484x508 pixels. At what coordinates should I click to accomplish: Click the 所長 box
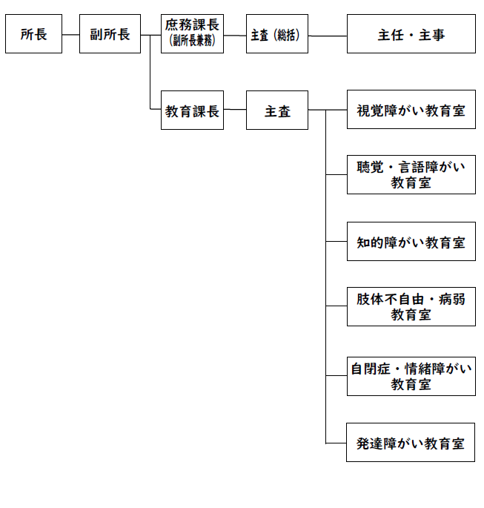click(33, 33)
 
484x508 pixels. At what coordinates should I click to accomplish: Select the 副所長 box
click(110, 33)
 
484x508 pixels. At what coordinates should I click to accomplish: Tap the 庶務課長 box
click(192, 33)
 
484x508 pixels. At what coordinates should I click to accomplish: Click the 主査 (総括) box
click(277, 33)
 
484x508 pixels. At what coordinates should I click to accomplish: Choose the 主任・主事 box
click(411, 33)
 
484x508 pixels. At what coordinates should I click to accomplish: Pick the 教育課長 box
click(192, 110)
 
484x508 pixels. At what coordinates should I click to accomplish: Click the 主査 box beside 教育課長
click(277, 110)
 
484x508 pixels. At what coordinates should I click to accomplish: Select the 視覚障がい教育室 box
click(411, 110)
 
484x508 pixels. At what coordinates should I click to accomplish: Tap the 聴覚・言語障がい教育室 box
click(411, 174)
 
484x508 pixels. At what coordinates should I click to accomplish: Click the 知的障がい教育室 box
click(411, 241)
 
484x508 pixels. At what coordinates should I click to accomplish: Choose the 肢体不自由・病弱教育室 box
click(411, 306)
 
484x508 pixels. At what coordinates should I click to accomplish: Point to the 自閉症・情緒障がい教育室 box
click(411, 377)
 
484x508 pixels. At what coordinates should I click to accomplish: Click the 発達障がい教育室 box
click(411, 442)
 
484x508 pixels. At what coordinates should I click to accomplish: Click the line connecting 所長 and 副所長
click(70, 34)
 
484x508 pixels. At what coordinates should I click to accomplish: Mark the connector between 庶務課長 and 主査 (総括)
click(235, 36)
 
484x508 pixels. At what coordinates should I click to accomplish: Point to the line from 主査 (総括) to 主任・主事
click(328, 36)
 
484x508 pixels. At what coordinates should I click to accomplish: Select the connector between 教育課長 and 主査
click(235, 109)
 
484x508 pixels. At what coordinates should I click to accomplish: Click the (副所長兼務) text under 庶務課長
click(192, 41)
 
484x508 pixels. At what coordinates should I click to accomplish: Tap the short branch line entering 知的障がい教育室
click(337, 241)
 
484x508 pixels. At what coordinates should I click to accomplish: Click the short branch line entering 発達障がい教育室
click(336, 443)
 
